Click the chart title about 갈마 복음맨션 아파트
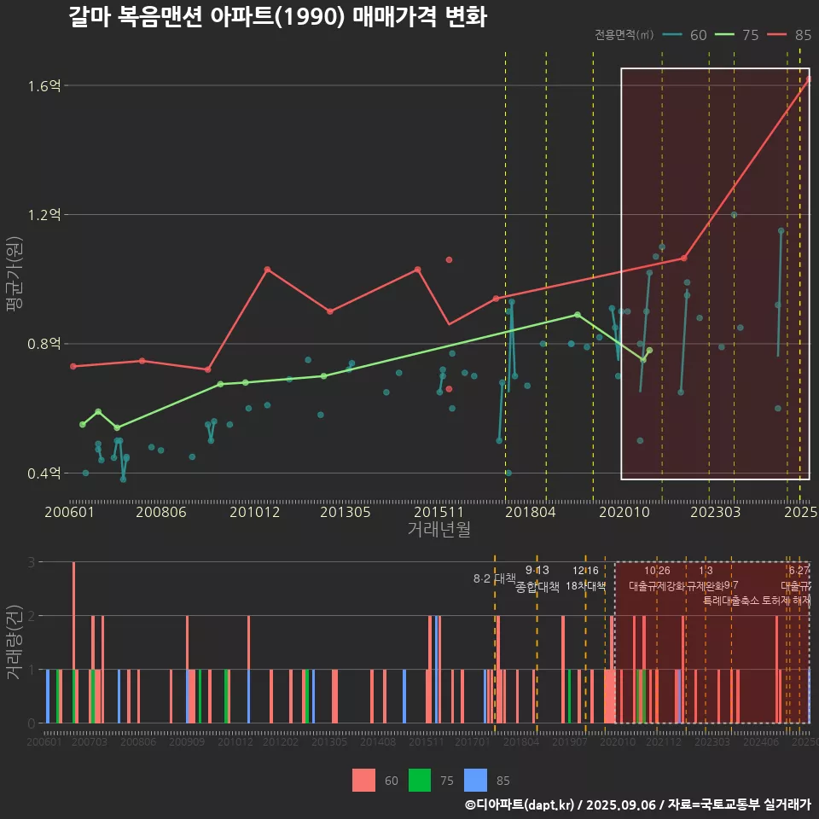pos(277,17)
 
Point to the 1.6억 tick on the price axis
pos(44,85)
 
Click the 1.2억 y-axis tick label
pos(44,215)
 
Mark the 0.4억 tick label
pos(44,473)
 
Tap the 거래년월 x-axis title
pos(439,530)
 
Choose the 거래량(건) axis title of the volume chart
pos(15,642)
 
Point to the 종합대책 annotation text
pos(537,587)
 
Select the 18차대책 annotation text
pos(585,586)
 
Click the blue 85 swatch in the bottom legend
pos(475,780)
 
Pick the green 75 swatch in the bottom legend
pos(420,780)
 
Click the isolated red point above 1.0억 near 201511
pos(449,259)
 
